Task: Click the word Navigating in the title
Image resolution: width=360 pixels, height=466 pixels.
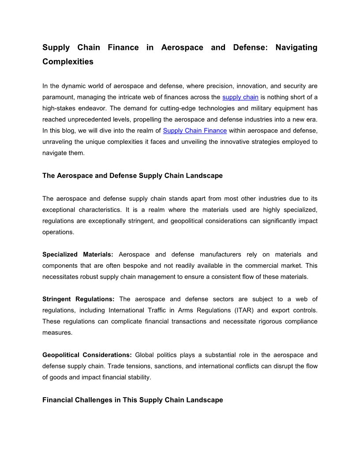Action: click(296, 47)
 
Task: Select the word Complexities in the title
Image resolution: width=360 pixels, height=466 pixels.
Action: click(68, 62)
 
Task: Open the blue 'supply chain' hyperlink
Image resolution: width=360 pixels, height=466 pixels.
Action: click(240, 97)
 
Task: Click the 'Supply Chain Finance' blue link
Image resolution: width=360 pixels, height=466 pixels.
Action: click(195, 131)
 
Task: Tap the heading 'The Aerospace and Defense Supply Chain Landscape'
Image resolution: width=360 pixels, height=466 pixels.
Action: click(132, 176)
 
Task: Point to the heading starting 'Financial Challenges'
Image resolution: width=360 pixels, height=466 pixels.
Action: click(132, 400)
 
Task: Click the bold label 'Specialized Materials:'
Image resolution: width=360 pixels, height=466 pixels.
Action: click(78, 255)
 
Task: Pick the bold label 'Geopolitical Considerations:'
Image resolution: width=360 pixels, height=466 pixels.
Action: click(87, 355)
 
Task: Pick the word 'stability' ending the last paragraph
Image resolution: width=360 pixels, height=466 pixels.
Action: click(139, 377)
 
